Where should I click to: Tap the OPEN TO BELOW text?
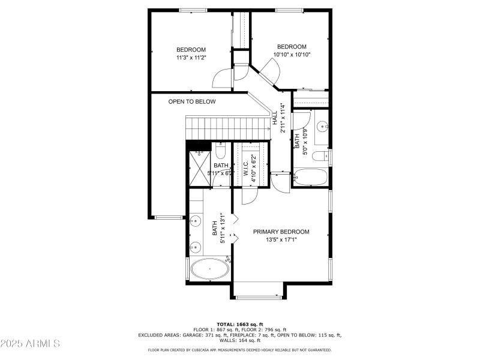[x=191, y=102]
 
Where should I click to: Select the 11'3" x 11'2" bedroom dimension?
[x=191, y=58]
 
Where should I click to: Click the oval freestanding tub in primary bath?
[x=209, y=269]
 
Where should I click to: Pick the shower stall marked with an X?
[x=197, y=162]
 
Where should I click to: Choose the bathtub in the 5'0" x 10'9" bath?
[x=311, y=178]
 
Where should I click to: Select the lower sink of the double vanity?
[x=195, y=247]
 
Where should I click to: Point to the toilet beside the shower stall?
[x=220, y=151]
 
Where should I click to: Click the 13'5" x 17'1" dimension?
[x=281, y=239]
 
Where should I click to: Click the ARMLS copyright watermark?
[x=30, y=344]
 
